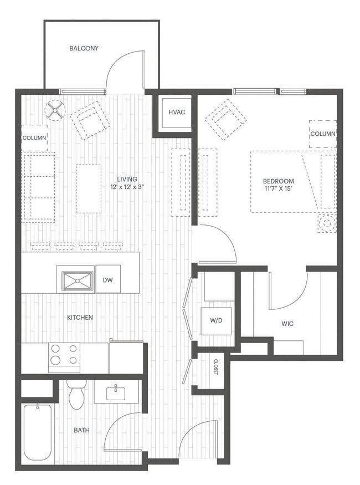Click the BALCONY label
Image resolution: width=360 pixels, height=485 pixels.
click(84, 48)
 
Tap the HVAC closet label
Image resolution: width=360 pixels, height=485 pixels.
click(177, 113)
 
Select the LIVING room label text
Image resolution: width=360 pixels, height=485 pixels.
click(127, 180)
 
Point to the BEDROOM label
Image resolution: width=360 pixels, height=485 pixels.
click(278, 181)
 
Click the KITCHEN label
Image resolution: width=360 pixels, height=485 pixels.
click(80, 318)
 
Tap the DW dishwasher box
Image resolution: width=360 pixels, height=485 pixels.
click(107, 280)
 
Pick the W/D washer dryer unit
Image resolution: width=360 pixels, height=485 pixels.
click(215, 320)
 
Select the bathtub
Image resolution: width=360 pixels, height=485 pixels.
click(38, 433)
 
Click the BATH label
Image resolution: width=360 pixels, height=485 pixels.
click(82, 430)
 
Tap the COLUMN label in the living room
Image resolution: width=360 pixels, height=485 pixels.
click(34, 137)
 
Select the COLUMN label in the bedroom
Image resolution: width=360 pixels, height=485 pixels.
click(322, 134)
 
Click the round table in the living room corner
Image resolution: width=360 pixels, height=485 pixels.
click(55, 109)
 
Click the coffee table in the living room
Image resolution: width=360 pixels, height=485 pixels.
click(89, 188)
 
